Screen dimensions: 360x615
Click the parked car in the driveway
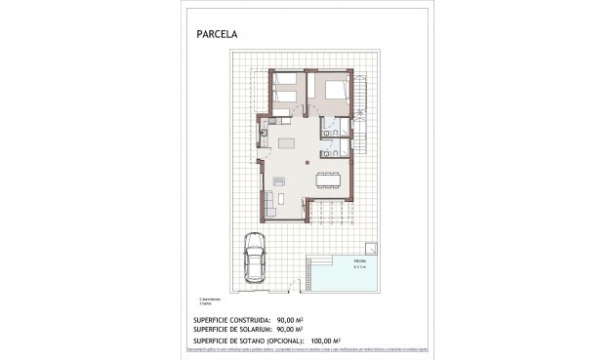[254, 261]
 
